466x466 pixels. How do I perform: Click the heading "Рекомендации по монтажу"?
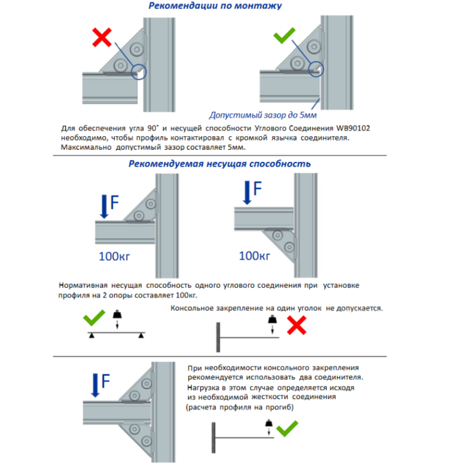tap(215, 6)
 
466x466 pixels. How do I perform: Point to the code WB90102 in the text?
tap(353, 128)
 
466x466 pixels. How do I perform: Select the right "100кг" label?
tap(255, 255)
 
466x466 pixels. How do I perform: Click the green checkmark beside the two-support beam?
tap(94, 320)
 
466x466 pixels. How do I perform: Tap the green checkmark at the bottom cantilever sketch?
tap(287, 427)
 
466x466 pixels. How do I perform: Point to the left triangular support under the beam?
tap(92, 335)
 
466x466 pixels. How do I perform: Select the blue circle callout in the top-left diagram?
tap(139, 72)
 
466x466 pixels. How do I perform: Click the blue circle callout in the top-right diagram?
tap(316, 68)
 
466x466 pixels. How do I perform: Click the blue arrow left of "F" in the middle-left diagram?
tap(104, 206)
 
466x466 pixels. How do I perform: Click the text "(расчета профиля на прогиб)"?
tap(239, 407)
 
